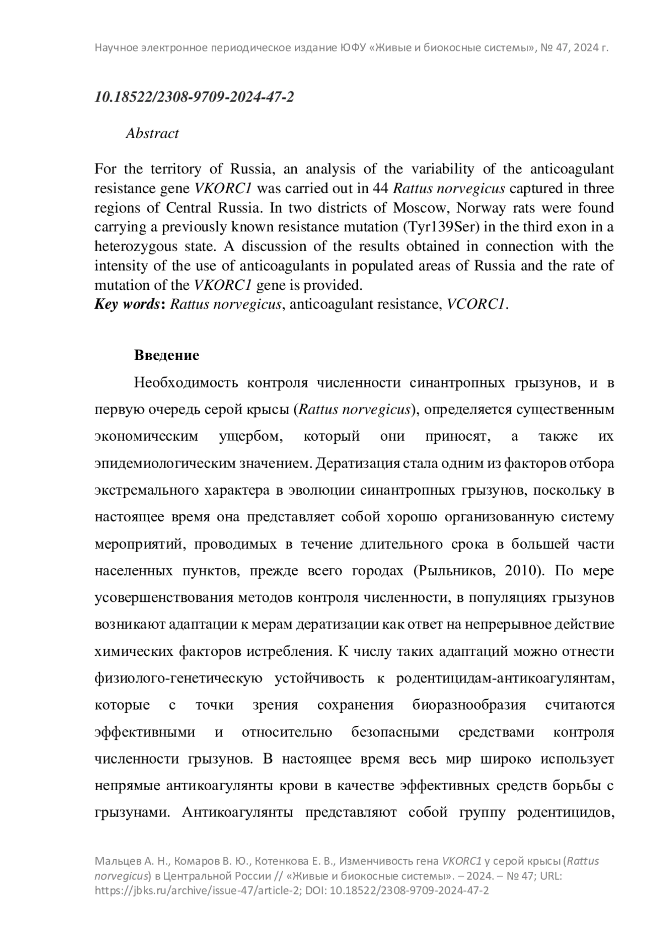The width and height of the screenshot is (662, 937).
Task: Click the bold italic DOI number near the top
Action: [194, 97]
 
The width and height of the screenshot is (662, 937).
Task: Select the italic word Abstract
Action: [152, 134]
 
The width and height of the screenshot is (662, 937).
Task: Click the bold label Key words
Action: [127, 304]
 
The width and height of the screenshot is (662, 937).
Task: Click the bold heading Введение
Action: [167, 355]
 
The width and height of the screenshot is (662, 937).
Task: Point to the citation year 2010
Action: [521, 570]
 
